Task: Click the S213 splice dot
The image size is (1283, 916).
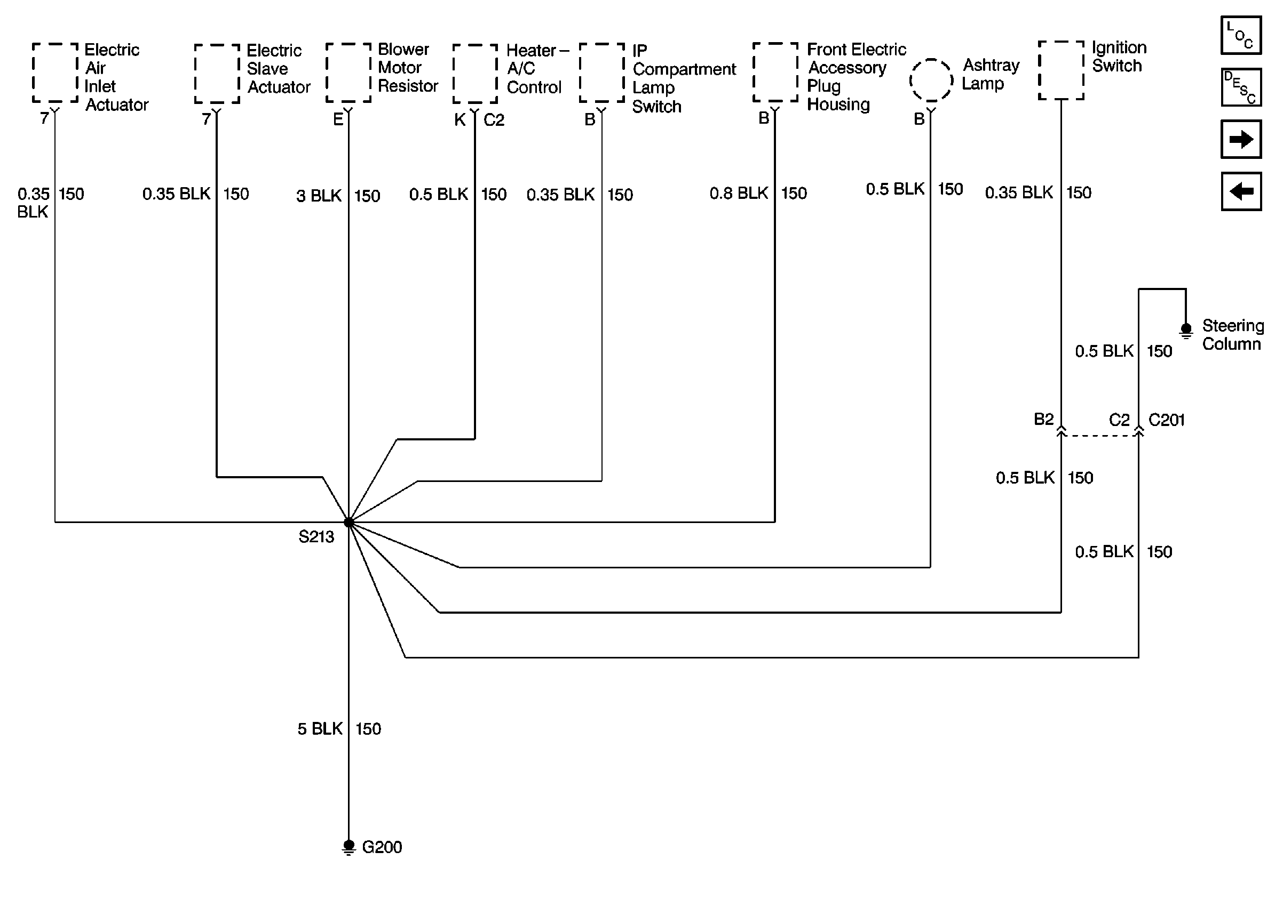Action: tap(349, 523)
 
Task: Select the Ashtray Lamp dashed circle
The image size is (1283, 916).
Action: tap(931, 80)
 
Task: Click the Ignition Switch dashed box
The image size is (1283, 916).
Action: tap(1061, 70)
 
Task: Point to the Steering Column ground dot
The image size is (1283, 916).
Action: tap(1186, 328)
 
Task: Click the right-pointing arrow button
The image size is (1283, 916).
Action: tap(1241, 139)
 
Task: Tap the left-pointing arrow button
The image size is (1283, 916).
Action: tap(1241, 192)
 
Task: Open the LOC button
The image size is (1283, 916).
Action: tap(1241, 36)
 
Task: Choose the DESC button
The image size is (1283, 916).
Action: tap(1241, 87)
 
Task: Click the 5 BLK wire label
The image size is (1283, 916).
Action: tap(320, 729)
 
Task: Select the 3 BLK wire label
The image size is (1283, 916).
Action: tap(319, 196)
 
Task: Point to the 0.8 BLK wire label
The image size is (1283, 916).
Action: tap(739, 194)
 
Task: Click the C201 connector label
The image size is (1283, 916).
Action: tap(1166, 420)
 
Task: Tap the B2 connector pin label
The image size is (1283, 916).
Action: tap(1044, 419)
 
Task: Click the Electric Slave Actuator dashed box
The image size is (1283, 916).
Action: tap(217, 74)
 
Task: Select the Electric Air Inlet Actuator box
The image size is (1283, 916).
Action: tap(56, 72)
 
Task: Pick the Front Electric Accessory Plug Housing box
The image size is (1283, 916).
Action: tap(775, 72)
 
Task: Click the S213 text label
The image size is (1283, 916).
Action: tap(316, 536)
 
